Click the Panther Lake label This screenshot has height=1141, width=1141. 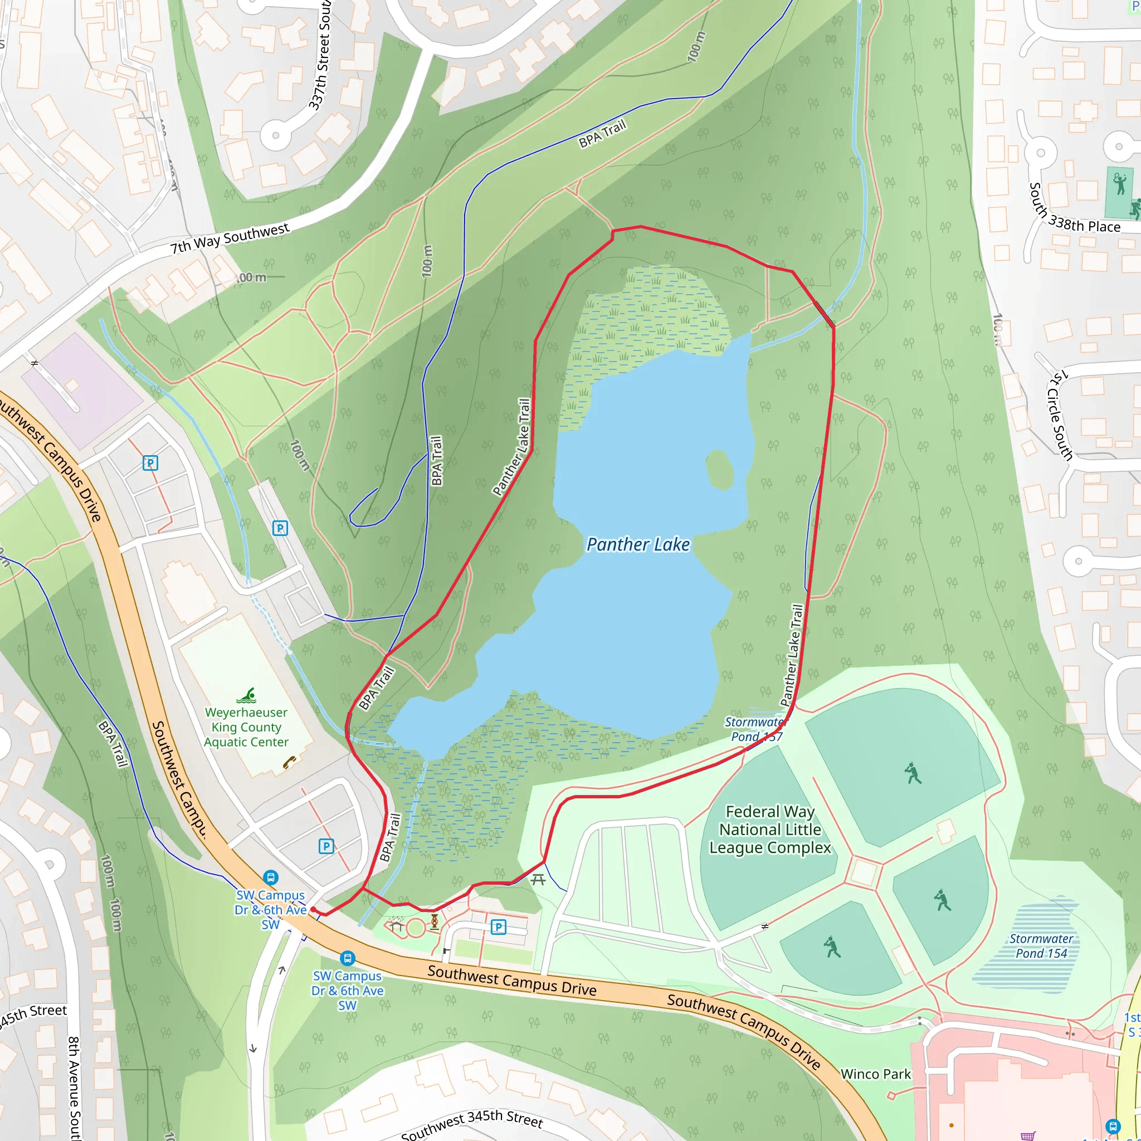point(638,544)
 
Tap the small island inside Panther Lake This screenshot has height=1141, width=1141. point(720,470)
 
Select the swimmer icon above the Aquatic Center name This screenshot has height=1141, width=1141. point(247,695)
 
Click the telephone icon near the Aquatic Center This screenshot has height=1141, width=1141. point(289,763)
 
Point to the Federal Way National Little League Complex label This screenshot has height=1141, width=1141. point(769,830)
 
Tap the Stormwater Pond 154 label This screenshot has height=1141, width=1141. point(1041,945)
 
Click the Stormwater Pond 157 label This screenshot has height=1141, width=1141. point(756,729)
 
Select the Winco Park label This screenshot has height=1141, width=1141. point(875,1074)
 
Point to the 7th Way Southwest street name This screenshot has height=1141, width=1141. point(230,237)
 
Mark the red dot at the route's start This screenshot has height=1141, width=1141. point(313,909)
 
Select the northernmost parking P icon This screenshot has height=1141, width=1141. point(150,463)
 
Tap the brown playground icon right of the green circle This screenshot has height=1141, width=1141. point(435,921)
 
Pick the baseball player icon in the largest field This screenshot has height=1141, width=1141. point(913,773)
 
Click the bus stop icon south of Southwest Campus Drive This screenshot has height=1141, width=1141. point(347,958)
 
